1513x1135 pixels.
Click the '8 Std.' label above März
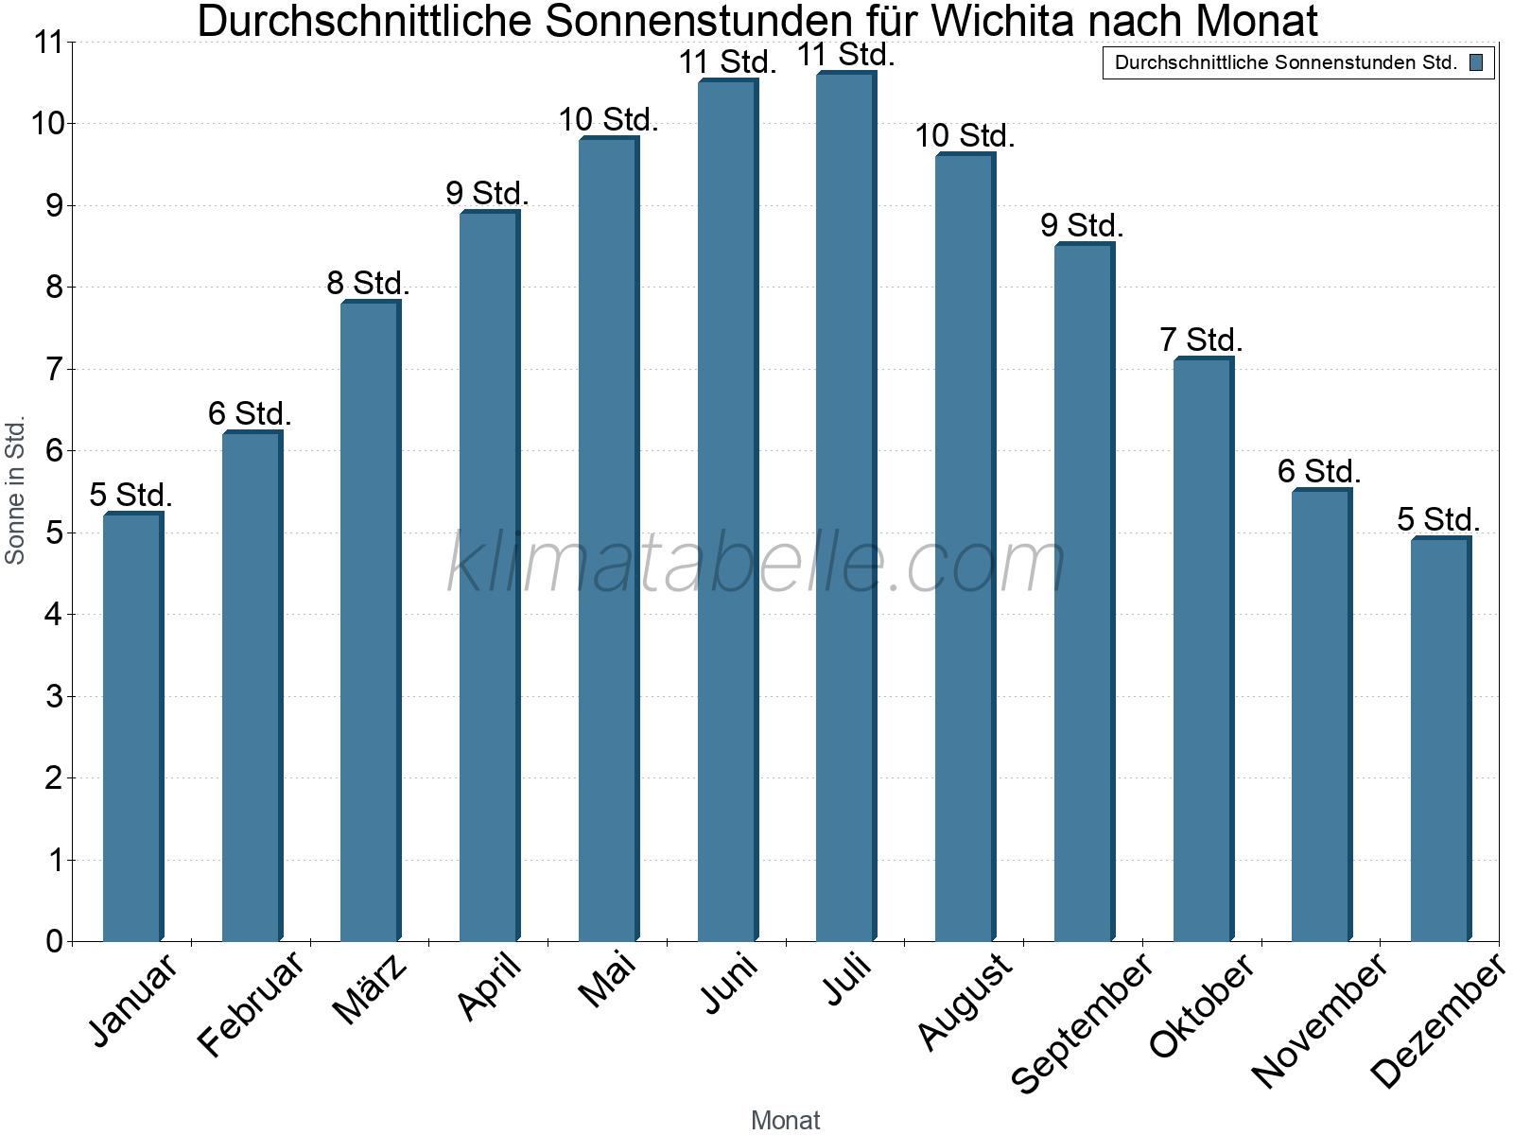coord(368,283)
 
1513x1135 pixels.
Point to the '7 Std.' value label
coord(1201,340)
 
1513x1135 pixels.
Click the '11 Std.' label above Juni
coord(726,62)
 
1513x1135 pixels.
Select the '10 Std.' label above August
coord(965,136)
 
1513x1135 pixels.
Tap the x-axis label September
coord(1082,1021)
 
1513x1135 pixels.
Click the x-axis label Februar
coord(252,1003)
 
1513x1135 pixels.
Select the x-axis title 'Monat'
coord(785,1120)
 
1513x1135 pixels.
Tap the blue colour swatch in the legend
coord(1476,63)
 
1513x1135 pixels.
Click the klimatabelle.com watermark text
coord(756,563)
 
